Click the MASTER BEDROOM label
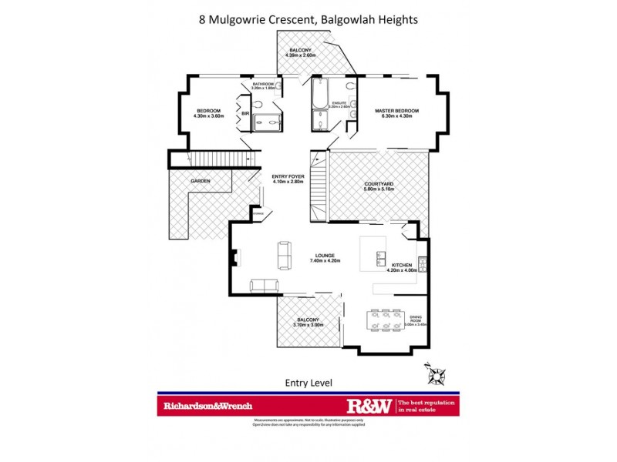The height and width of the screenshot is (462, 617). click(396, 111)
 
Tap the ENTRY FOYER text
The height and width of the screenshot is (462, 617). click(288, 176)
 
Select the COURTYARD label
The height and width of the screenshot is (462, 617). click(379, 184)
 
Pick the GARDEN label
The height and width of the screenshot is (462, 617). click(200, 181)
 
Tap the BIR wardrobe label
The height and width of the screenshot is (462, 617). click(245, 113)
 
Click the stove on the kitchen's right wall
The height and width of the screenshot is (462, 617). click(421, 262)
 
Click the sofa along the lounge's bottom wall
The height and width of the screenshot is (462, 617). click(265, 286)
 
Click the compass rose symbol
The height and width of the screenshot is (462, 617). click(437, 375)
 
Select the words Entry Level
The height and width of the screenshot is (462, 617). click(308, 382)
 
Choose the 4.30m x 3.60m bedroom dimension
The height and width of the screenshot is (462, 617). click(208, 116)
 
